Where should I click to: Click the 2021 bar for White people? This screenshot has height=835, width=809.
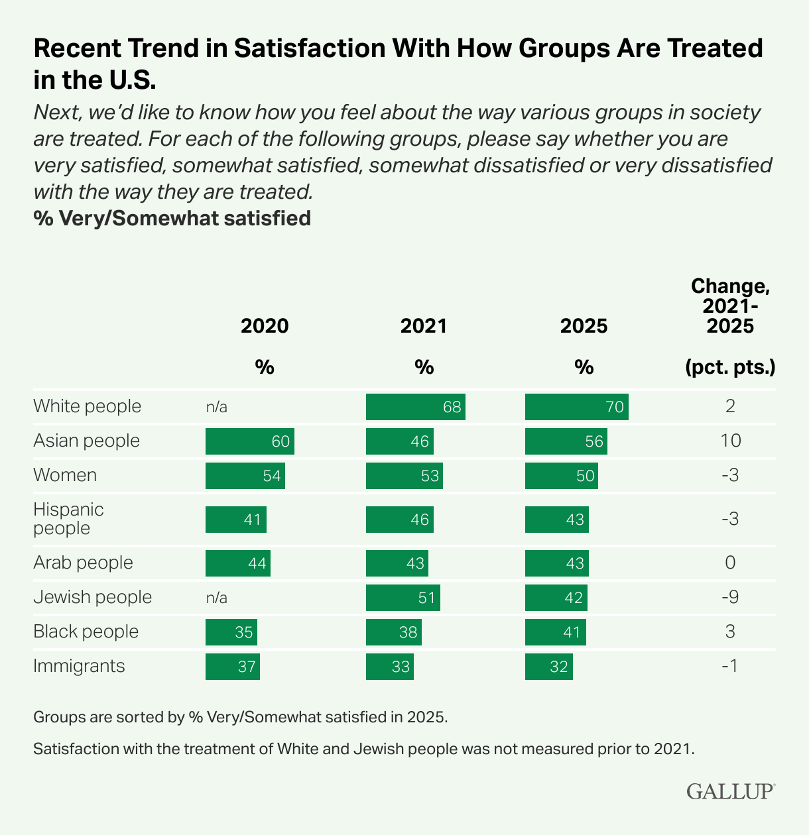(x=415, y=406)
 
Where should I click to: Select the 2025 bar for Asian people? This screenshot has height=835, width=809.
(x=566, y=441)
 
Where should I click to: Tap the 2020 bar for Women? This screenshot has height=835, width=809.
(x=245, y=476)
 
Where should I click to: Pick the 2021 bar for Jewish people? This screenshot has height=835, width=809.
(x=403, y=598)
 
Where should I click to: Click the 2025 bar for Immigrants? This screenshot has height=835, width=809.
(x=548, y=667)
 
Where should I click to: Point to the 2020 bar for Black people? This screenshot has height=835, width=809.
(x=231, y=632)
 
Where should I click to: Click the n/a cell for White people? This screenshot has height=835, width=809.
(x=216, y=407)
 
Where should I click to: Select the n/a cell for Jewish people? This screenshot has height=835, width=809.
(x=216, y=598)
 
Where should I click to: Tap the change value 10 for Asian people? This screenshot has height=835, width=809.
(x=730, y=441)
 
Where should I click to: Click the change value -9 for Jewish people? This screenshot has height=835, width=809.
(x=730, y=598)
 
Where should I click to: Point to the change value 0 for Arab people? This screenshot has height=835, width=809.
(x=730, y=563)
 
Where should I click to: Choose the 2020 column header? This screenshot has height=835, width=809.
(x=265, y=326)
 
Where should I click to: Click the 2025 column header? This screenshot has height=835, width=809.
(x=584, y=326)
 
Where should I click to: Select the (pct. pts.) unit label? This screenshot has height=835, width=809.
(x=730, y=368)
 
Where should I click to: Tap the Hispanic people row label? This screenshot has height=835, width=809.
(x=68, y=519)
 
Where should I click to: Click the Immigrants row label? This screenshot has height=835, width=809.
(x=79, y=666)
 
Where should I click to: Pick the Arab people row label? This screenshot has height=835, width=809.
(x=83, y=563)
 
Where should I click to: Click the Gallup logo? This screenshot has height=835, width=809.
(x=730, y=791)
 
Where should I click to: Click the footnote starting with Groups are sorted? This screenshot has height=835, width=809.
(x=241, y=717)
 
